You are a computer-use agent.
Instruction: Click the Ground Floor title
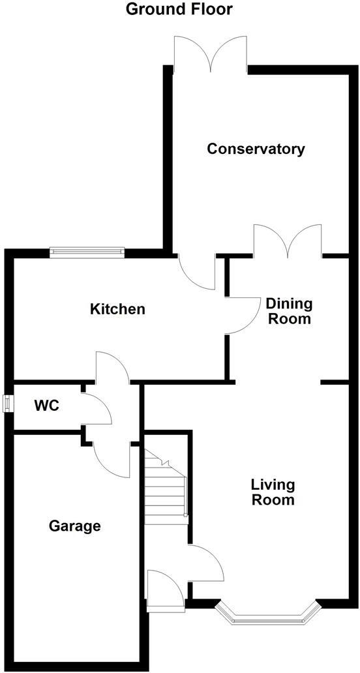(x=179, y=9)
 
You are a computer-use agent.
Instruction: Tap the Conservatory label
(x=256, y=149)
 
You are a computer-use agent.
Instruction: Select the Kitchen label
(x=117, y=309)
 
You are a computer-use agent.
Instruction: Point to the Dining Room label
(x=288, y=312)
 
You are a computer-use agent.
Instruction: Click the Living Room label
(x=273, y=492)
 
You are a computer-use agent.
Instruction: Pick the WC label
(x=47, y=406)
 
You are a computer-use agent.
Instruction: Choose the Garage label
(x=75, y=526)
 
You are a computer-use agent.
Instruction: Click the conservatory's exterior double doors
(x=210, y=53)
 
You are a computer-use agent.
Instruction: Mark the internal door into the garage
(x=111, y=460)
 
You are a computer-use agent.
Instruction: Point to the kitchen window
(x=87, y=252)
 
